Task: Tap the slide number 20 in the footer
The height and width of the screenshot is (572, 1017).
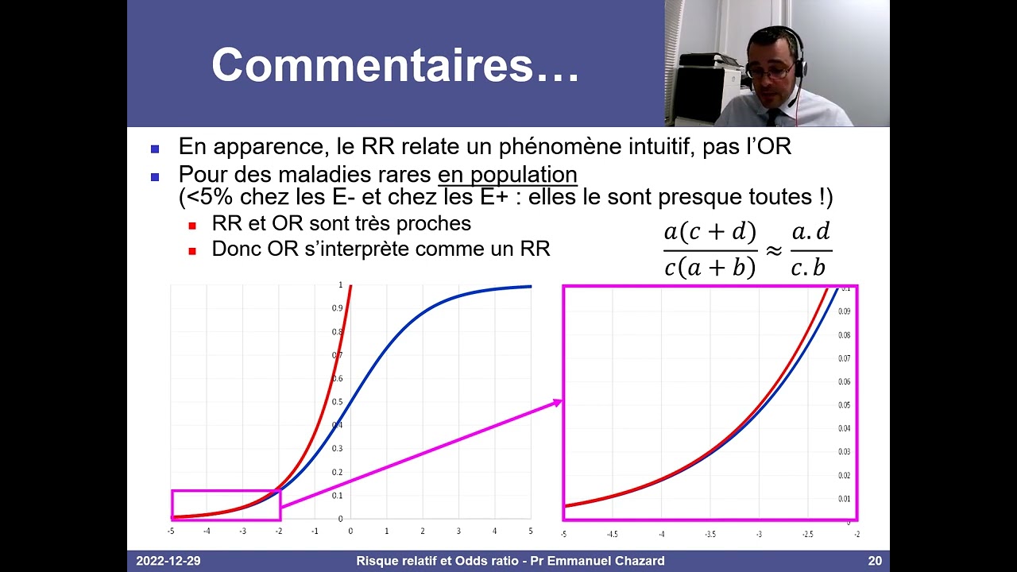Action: point(874,561)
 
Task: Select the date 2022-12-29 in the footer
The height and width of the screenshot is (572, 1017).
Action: point(168,561)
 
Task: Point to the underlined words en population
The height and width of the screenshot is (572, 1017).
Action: point(507,173)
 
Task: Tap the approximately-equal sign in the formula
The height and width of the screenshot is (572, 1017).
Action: point(774,249)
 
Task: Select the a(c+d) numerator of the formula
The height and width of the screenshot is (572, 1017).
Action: point(710,232)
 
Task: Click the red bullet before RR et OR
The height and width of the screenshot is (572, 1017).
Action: point(192,226)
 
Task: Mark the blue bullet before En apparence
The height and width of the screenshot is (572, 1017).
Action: point(155,149)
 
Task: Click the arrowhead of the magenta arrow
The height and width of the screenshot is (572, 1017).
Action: point(557,403)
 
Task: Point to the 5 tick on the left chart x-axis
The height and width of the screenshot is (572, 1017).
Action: point(530,531)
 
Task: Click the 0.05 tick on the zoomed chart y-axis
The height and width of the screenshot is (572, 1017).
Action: point(845,405)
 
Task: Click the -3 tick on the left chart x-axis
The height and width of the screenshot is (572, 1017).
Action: point(242,531)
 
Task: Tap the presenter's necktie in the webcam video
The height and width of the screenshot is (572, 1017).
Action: point(773,116)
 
